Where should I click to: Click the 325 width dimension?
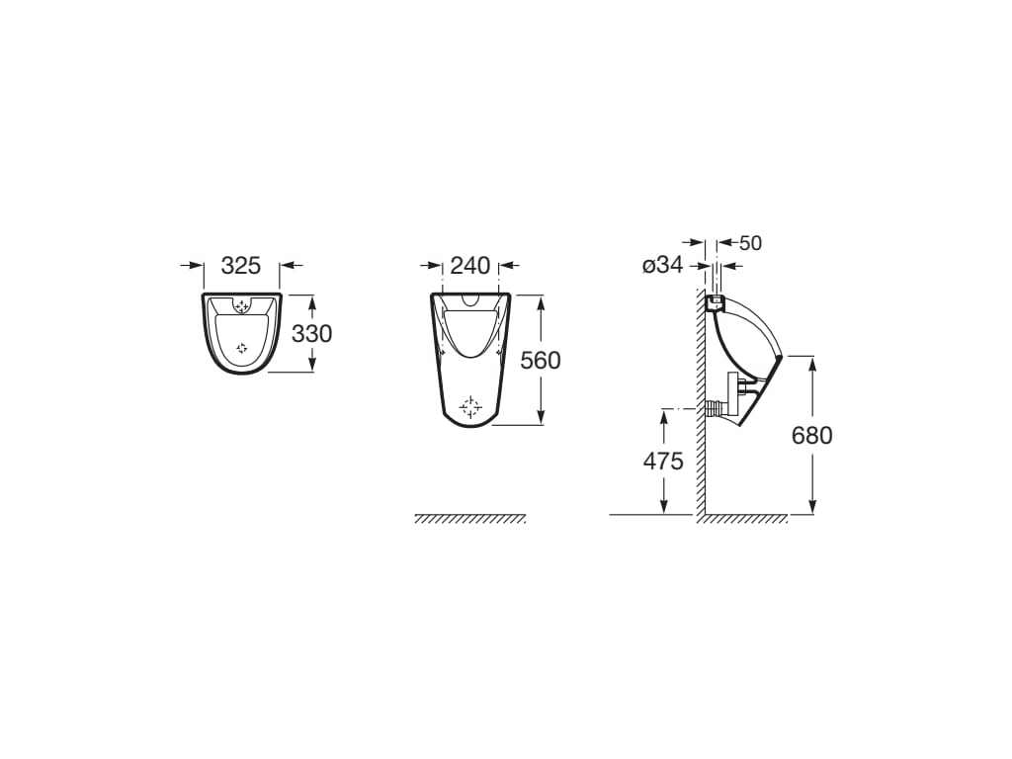click(x=240, y=266)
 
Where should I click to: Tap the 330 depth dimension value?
click(x=311, y=334)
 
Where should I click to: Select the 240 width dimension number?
click(x=470, y=266)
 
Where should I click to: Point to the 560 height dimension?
click(x=541, y=361)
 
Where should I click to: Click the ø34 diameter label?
click(x=662, y=266)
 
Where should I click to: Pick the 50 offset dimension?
click(x=750, y=243)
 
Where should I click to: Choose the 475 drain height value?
click(x=663, y=462)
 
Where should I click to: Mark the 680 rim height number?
click(x=812, y=435)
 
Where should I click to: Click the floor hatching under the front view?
click(x=469, y=519)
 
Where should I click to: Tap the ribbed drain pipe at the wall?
click(x=714, y=408)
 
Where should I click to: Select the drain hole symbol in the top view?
click(x=242, y=348)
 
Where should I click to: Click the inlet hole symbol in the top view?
click(x=242, y=306)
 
